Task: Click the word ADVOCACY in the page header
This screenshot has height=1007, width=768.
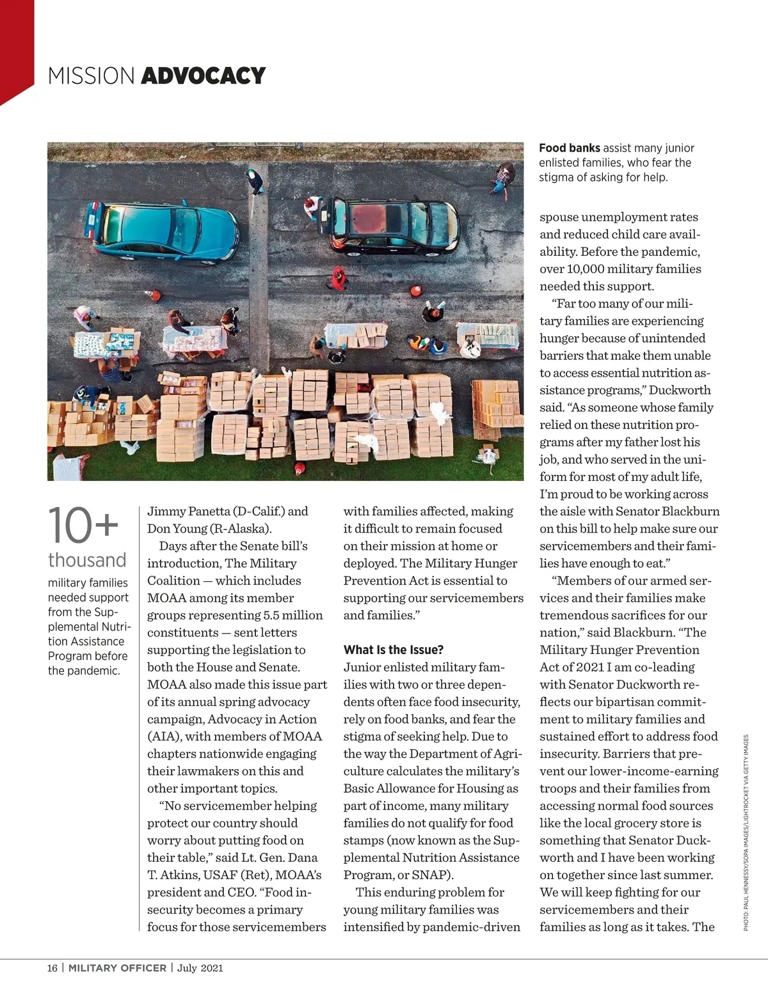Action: pos(203,76)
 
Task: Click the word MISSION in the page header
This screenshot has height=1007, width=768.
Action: pos(91,76)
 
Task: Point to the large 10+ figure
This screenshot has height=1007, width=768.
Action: pos(83,526)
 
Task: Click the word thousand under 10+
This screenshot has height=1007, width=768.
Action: pos(87,560)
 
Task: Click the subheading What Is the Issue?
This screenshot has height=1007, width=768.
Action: pos(393,650)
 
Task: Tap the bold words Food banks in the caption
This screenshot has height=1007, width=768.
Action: pos(569,148)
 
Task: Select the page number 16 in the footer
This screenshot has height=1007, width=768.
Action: pos(52,968)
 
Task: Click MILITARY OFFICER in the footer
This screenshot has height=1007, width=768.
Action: pos(117,968)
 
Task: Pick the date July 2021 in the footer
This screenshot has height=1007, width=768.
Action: pos(200,968)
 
